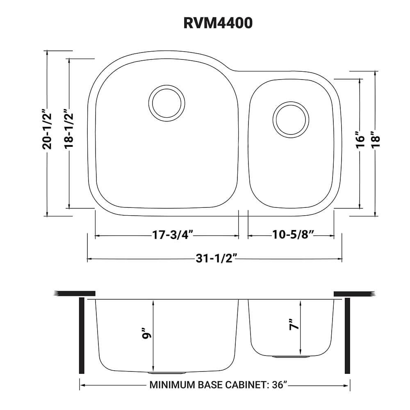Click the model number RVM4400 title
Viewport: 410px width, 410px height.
click(x=218, y=23)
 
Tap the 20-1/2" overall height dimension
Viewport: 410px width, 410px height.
click(x=47, y=128)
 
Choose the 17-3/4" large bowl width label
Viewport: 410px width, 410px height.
click(x=173, y=235)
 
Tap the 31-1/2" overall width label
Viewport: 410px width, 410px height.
click(x=216, y=258)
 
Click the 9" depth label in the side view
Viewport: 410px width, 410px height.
click(x=147, y=333)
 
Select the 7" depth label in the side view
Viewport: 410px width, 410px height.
click(x=294, y=325)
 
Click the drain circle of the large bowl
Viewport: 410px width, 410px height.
click(x=166, y=102)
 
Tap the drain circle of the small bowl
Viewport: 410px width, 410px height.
click(x=291, y=119)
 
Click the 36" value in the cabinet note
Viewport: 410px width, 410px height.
click(x=280, y=385)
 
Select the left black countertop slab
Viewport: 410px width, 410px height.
click(x=74, y=294)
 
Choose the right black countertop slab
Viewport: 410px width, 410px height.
click(x=355, y=294)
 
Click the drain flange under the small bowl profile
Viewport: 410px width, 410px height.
click(x=291, y=357)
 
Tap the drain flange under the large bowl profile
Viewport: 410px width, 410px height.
click(x=166, y=372)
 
